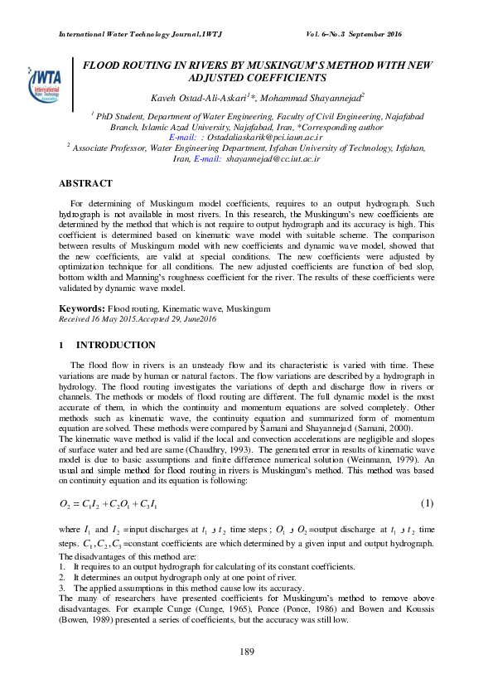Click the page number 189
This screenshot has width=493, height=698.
[x=246, y=652]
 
